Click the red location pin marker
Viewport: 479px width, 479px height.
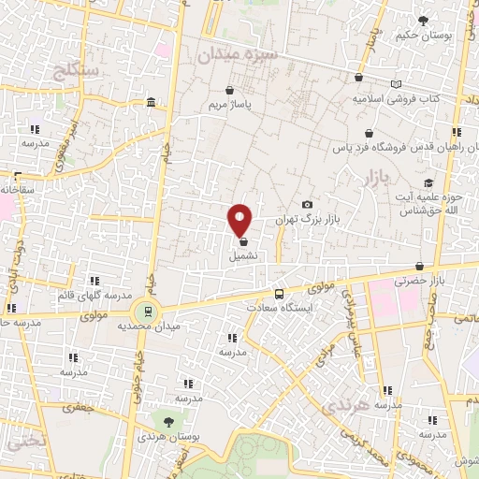point(240,220)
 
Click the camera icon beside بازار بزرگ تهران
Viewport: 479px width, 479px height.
point(307,205)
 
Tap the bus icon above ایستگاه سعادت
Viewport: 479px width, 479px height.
point(278,292)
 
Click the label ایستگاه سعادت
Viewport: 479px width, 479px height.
point(278,306)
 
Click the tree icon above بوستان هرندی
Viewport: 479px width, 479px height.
point(169,423)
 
